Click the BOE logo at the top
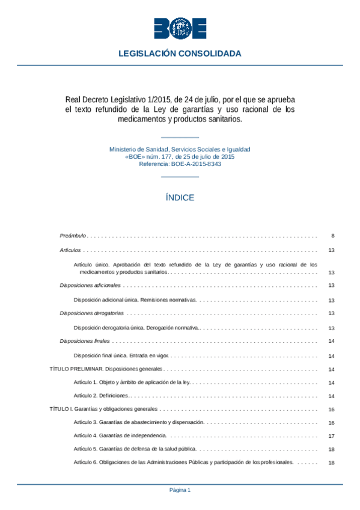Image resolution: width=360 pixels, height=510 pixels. (x=180, y=28)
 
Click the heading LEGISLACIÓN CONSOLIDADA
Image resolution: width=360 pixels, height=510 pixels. (x=180, y=54)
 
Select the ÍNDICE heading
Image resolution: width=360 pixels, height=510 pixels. (x=180, y=197)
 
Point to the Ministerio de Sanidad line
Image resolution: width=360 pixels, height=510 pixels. (x=180, y=149)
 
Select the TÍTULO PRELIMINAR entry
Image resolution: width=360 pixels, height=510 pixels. (x=106, y=369)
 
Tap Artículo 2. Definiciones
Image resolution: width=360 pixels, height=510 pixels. (x=101, y=396)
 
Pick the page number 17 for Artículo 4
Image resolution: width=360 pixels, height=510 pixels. (x=332, y=436)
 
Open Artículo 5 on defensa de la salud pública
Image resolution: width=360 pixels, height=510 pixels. (x=135, y=449)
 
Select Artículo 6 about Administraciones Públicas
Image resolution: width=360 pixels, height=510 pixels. (x=183, y=462)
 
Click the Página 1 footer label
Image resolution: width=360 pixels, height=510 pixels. (x=180, y=490)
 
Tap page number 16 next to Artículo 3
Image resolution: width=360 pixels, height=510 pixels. (x=332, y=423)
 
